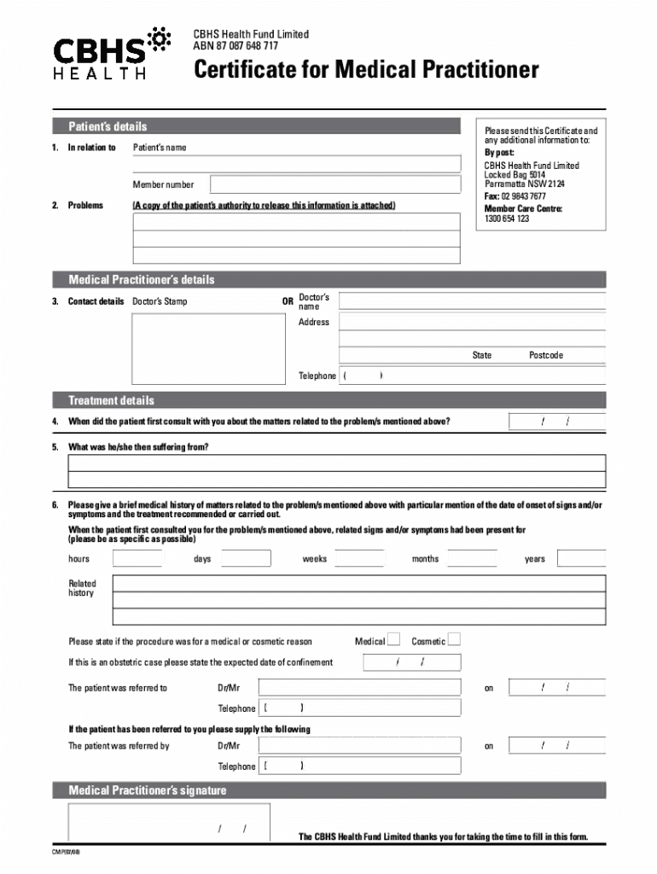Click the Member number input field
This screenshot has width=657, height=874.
coord(335,184)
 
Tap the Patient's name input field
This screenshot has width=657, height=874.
coord(296,164)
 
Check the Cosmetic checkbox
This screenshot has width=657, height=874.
coord(454,640)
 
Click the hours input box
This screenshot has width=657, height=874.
coord(137,559)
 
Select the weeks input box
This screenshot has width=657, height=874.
coord(359,559)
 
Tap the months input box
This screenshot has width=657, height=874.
coord(472,559)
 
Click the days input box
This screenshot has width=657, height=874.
coord(246,559)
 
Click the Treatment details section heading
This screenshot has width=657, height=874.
coord(112,400)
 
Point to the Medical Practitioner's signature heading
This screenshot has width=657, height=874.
coord(148,790)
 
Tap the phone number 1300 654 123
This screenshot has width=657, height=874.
coord(507,218)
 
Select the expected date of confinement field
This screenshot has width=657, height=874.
coord(410,662)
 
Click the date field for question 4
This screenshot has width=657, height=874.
coord(556,422)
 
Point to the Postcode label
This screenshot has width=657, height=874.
coord(546,355)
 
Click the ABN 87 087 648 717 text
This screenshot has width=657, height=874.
coord(235,46)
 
